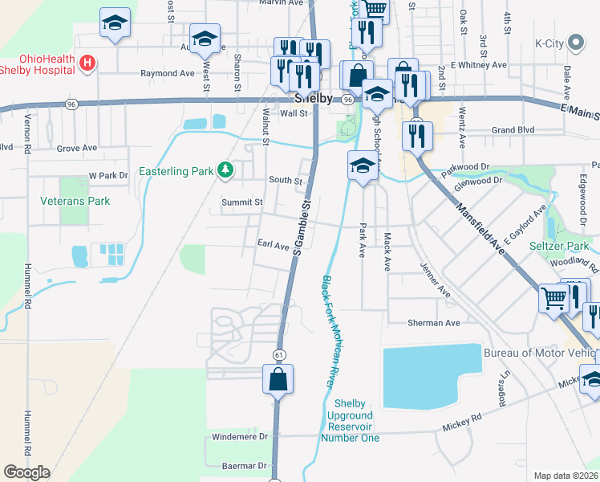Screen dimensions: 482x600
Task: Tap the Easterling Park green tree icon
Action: (x=227, y=170)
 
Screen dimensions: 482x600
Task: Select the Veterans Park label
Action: (x=75, y=201)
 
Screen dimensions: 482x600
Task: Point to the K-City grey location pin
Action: (x=575, y=43)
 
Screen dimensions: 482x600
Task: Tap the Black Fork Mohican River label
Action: (x=329, y=332)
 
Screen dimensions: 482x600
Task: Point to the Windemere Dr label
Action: (x=239, y=436)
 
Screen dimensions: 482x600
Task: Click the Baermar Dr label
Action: (x=245, y=465)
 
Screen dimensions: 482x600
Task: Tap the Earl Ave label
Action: (x=273, y=246)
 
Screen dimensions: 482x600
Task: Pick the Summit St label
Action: (x=242, y=202)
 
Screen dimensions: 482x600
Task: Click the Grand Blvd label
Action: (x=513, y=129)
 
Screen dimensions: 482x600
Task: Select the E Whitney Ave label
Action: (x=479, y=64)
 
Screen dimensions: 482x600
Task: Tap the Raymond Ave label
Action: (x=168, y=73)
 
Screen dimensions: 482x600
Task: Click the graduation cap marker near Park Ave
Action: (x=363, y=167)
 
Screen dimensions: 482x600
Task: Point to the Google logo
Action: (x=26, y=472)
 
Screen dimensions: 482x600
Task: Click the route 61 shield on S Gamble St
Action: (x=279, y=354)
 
